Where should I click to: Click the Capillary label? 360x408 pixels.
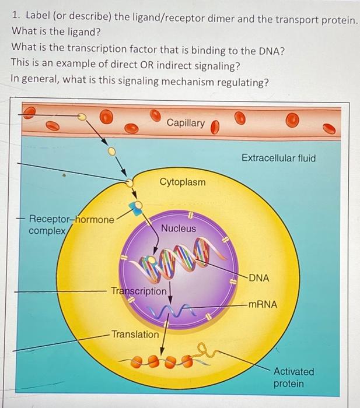point(186,123)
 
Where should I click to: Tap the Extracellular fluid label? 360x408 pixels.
point(278,158)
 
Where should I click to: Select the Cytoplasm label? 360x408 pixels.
point(183,182)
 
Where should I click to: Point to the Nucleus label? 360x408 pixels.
point(179,228)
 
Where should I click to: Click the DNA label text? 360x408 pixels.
point(259,278)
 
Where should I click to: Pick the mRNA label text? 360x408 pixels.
point(263,304)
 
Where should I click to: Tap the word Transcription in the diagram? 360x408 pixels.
point(139,291)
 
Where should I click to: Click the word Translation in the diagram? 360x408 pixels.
point(135,335)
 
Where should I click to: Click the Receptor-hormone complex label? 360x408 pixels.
point(71,225)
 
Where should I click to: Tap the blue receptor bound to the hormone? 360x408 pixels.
point(135,209)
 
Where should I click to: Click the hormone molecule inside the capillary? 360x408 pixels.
point(82,117)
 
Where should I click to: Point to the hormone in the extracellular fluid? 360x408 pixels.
point(112,151)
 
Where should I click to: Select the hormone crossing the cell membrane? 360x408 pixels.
point(129,183)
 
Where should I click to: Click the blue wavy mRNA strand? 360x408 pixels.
point(169,311)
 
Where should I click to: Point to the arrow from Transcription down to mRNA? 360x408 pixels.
point(170,295)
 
